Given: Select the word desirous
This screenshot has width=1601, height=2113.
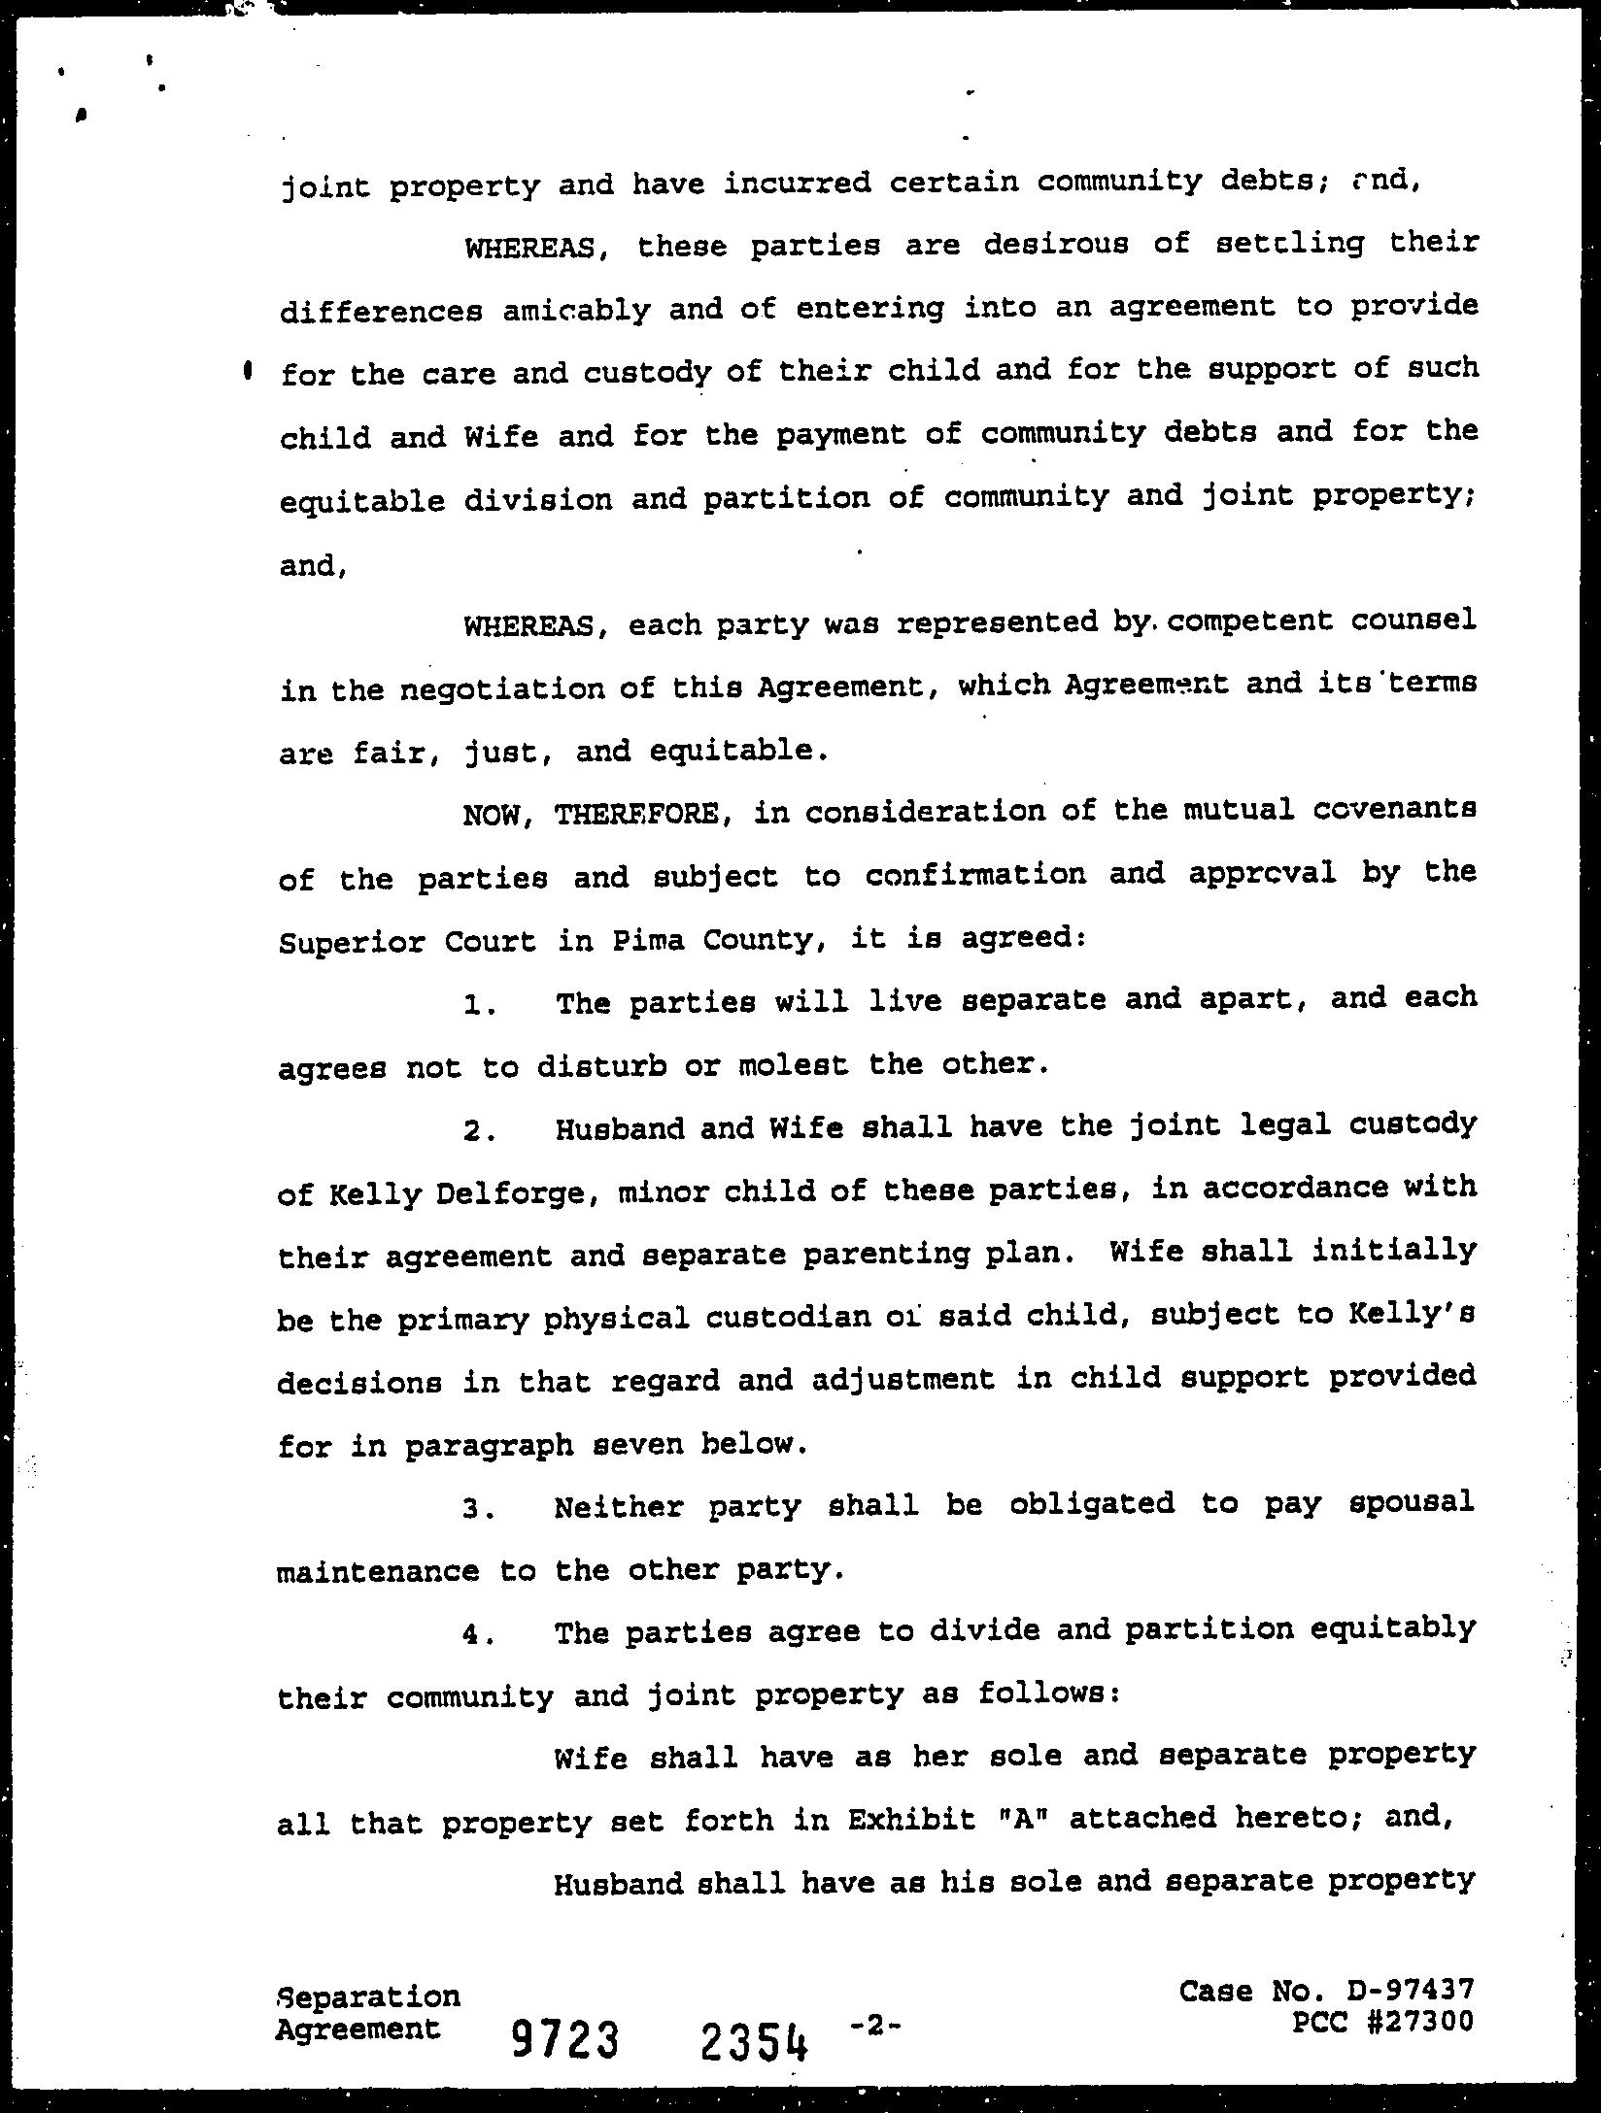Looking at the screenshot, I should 1056,244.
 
